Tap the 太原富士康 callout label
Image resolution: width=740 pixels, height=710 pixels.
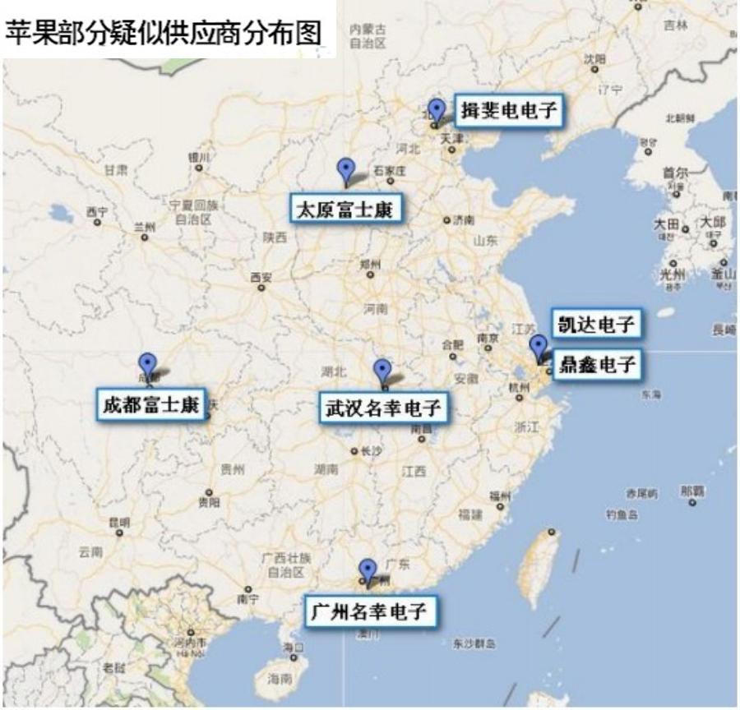pos(345,210)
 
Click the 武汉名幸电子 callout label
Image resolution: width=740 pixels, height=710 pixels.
pos(383,408)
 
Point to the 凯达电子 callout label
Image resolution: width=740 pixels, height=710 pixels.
pos(595,324)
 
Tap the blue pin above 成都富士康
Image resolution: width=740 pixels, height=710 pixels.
pos(147,363)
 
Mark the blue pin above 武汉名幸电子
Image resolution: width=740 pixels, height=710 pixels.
pos(382,370)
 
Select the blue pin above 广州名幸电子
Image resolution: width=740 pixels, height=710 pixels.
pos(368,569)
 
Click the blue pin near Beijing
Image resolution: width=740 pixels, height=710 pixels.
pos(437,109)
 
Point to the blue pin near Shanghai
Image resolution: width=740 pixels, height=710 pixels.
pos(538,346)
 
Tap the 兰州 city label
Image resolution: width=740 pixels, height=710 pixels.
pos(145,227)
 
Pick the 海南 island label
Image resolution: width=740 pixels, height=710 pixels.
pos(280,679)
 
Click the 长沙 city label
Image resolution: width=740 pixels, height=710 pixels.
pos(370,450)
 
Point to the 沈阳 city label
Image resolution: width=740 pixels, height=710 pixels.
pos(594,58)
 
